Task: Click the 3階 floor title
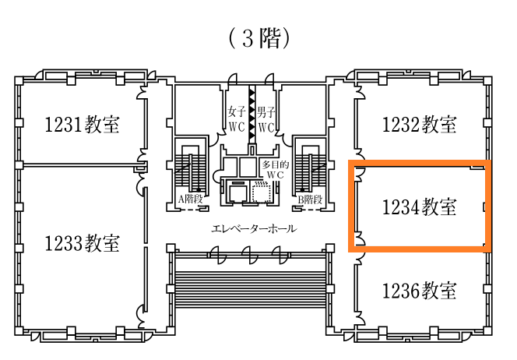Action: pyautogui.click(x=259, y=38)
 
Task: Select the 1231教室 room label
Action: pyautogui.click(x=82, y=125)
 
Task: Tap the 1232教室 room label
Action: pyautogui.click(x=420, y=125)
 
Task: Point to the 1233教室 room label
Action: pyautogui.click(x=82, y=243)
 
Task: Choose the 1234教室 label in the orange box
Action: pyautogui.click(x=420, y=207)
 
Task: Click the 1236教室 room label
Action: pyautogui.click(x=420, y=291)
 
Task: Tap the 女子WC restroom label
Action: pyautogui.click(x=237, y=118)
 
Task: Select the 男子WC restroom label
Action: pyautogui.click(x=266, y=118)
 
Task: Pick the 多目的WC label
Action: pyautogui.click(x=276, y=169)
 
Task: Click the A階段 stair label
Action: pyautogui.click(x=190, y=199)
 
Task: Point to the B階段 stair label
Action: pyautogui.click(x=310, y=199)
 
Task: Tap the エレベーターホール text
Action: pyautogui.click(x=254, y=228)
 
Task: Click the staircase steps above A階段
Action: pyautogui.click(x=190, y=171)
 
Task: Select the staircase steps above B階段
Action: pyautogui.click(x=310, y=171)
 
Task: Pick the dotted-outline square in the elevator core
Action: pyautogui.click(x=261, y=192)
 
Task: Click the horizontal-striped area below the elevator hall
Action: pyautogui.click(x=251, y=290)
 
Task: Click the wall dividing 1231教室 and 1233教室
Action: pyautogui.click(x=82, y=164)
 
